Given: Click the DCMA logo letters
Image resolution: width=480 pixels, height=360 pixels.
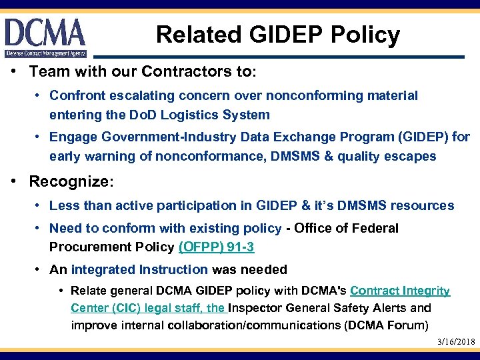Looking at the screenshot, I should [x=45, y=32].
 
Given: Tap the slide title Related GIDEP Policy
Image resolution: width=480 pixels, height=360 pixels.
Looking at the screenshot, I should [x=278, y=34].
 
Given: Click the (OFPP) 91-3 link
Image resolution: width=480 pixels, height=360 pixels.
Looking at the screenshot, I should [x=216, y=247].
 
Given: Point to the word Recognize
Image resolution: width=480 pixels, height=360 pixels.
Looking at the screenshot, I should [x=69, y=182].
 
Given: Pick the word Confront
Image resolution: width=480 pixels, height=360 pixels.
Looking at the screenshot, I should [x=77, y=96].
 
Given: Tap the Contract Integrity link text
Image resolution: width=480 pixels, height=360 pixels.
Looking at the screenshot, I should [x=399, y=291].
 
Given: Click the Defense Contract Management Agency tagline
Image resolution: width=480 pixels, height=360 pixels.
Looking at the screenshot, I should [x=45, y=53].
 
